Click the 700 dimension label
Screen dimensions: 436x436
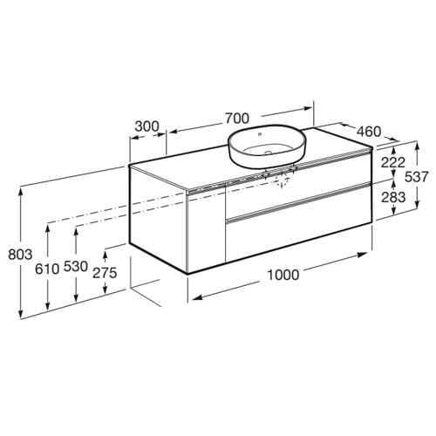click(x=237, y=119)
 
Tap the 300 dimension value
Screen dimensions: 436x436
click(x=147, y=126)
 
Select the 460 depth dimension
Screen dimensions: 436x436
click(x=369, y=132)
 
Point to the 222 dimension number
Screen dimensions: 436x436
click(x=393, y=162)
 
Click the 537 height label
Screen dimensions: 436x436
click(x=417, y=177)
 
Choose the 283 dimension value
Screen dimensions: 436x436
click(x=393, y=197)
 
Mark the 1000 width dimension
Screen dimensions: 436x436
click(x=283, y=275)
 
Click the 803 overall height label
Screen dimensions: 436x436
click(x=20, y=255)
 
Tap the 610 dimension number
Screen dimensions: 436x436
click(x=47, y=269)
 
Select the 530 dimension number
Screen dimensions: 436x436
click(x=76, y=267)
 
